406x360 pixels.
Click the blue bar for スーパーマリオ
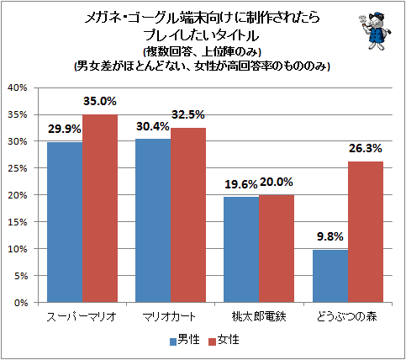point(65,222)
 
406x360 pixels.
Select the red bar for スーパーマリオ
point(100,209)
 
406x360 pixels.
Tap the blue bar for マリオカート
point(153,220)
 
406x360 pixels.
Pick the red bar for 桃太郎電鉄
point(277,248)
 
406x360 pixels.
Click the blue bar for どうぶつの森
point(330,276)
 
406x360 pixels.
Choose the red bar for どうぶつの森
point(366,232)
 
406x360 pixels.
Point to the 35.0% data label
point(100,101)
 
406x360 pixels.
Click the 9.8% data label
point(330,236)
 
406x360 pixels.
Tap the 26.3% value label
point(366,148)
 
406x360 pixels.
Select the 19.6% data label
point(241,184)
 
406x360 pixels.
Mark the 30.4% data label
point(153,127)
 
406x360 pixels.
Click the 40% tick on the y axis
point(18,87)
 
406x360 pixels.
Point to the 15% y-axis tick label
point(18,222)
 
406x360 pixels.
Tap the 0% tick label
point(21,303)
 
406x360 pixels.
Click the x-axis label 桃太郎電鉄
point(259,317)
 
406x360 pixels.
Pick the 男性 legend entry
point(185,340)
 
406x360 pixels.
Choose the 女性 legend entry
point(224,340)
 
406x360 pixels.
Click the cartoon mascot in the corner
point(375,31)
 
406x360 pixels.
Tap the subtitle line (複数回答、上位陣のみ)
point(203,52)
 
